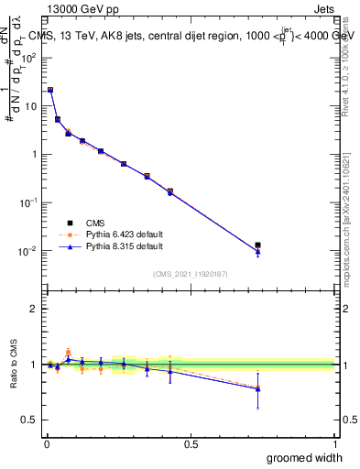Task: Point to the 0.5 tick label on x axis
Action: pyautogui.click(x=191, y=442)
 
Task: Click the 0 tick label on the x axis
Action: pyautogui.click(x=45, y=442)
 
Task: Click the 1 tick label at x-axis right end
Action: pyautogui.click(x=334, y=442)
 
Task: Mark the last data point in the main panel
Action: pyautogui.click(x=257, y=245)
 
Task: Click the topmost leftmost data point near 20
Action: pyautogui.click(x=49, y=90)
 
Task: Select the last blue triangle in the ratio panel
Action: pyautogui.click(x=257, y=388)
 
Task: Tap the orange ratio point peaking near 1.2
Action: pyautogui.click(x=68, y=351)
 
